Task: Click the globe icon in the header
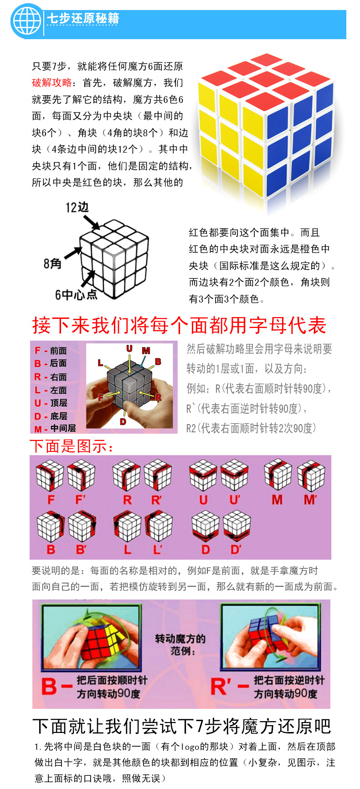click(27, 21)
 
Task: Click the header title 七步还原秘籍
click(83, 19)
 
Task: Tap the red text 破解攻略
click(51, 82)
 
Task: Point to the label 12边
click(77, 208)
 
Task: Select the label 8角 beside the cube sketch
click(52, 264)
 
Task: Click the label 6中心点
click(76, 295)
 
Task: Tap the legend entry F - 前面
click(51, 350)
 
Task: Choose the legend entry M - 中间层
click(55, 428)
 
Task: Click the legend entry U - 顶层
click(51, 403)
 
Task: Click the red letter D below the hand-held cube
click(123, 422)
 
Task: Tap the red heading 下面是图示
click(72, 446)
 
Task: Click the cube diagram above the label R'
click(158, 475)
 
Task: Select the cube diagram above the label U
click(203, 475)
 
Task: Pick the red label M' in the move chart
click(310, 500)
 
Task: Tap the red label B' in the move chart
click(81, 549)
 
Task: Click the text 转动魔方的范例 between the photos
click(180, 644)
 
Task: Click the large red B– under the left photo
click(56, 687)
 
